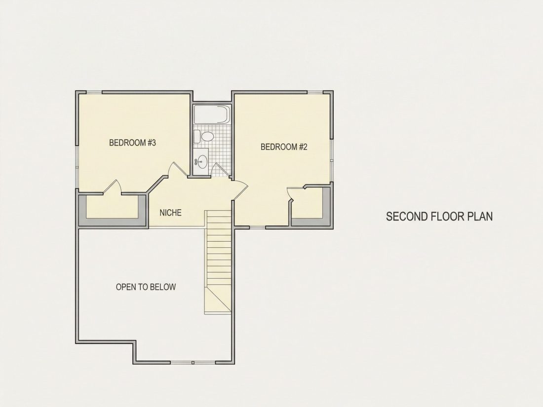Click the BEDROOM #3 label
pos(133,143)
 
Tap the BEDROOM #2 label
pos(284,147)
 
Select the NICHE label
pos(170,213)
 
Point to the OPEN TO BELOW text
pos(146,287)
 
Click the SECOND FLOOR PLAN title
pos(439,216)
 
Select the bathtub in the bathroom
pos(212,114)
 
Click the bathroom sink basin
pos(201,161)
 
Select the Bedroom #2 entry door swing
pos(240,190)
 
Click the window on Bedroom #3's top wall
pos(94,92)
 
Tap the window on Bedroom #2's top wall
pos(315,92)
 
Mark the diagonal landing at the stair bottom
pos(218,300)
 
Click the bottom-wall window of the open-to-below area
pos(193,363)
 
